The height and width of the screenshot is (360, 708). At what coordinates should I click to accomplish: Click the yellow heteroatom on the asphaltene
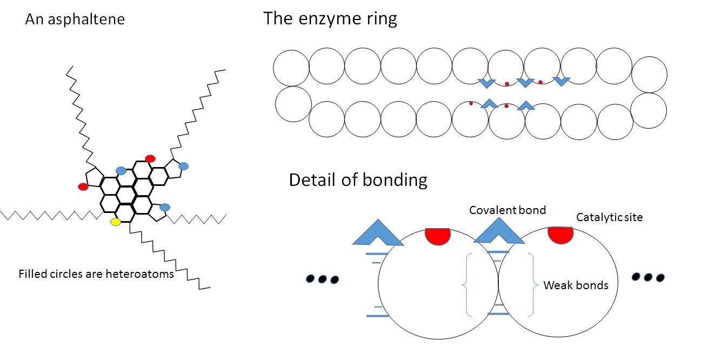(x=115, y=222)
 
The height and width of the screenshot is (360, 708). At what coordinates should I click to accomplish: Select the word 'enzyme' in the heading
(x=324, y=19)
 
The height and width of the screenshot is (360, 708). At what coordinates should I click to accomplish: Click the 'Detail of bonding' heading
(x=358, y=179)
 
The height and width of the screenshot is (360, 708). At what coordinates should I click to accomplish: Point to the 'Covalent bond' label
(x=507, y=210)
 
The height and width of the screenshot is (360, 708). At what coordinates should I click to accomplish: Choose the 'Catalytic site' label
(x=609, y=217)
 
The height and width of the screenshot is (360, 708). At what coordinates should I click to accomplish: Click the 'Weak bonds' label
(x=576, y=285)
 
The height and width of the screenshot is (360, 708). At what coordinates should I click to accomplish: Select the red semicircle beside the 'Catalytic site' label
(x=560, y=235)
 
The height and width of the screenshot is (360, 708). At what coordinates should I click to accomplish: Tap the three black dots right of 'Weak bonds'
(x=648, y=277)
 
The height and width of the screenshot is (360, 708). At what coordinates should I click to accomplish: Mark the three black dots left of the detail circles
(x=322, y=279)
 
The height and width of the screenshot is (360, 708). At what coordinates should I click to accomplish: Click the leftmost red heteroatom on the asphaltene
(x=83, y=186)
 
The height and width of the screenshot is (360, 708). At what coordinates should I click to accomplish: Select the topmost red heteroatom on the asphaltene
(x=150, y=158)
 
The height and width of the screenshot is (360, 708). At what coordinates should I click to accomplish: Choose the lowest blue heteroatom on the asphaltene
(x=165, y=207)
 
